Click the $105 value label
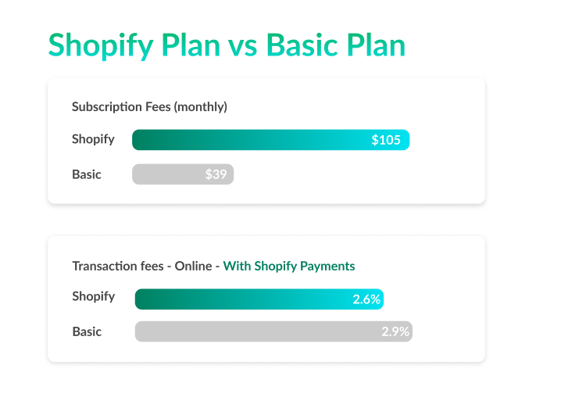[x=386, y=140]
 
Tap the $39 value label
[x=216, y=174]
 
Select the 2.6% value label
[x=366, y=299]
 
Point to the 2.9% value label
[x=395, y=331]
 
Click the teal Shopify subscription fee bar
[x=270, y=140]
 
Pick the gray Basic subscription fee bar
[x=183, y=174]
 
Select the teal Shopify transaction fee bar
[x=259, y=299]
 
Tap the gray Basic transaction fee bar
[x=273, y=331]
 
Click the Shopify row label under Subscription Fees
[x=93, y=139]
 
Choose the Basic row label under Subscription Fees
[x=86, y=174]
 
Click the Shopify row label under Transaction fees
[x=94, y=296]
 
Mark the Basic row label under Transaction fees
[x=87, y=331]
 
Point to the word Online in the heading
[x=193, y=266]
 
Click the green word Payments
[x=327, y=267]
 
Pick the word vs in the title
[x=242, y=45]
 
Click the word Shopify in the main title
[x=101, y=45]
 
